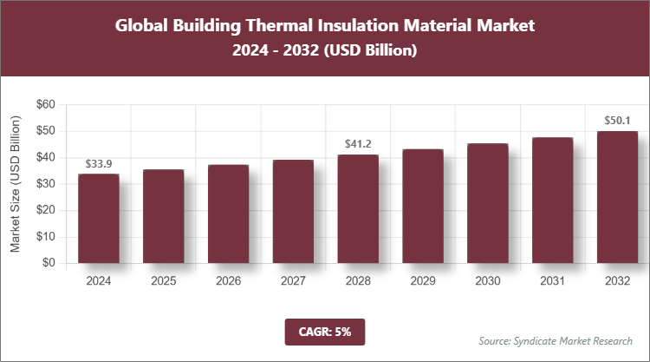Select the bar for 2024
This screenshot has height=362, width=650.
point(99,219)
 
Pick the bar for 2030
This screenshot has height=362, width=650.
point(488,203)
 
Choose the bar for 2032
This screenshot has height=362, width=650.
point(617,197)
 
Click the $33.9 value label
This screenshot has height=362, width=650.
point(99,163)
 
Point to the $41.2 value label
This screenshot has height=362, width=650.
point(358,144)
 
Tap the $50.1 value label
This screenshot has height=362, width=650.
point(617,121)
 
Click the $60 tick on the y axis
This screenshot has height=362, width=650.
point(45,105)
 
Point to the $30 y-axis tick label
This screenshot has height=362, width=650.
point(45,184)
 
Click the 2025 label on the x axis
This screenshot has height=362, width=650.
point(164,281)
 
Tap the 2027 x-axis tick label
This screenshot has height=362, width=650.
point(293,281)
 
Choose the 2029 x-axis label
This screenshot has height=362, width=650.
point(423,281)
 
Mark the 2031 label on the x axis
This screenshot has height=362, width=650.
point(552,281)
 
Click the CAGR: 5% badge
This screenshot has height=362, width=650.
point(325,331)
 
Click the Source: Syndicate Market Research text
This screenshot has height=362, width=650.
point(556,340)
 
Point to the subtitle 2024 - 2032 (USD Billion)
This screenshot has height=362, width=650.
point(325,51)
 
